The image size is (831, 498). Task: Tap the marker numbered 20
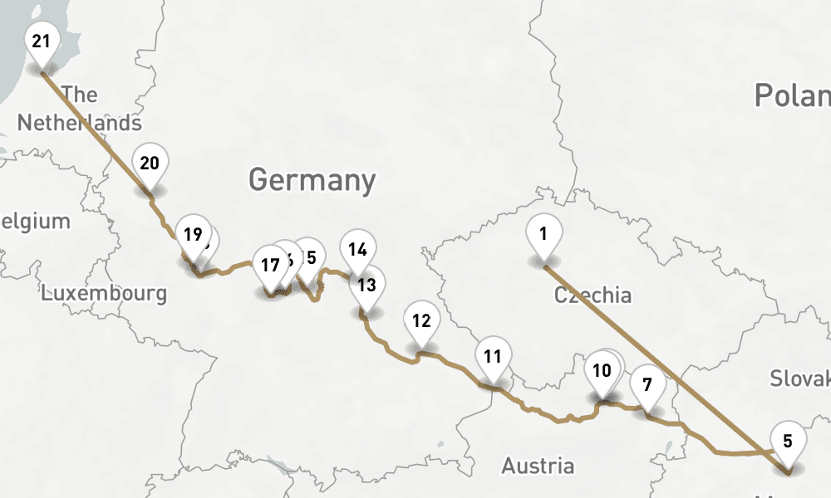click(150, 164)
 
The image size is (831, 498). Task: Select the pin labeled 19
click(193, 235)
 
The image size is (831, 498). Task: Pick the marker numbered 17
click(269, 266)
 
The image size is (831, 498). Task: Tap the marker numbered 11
click(493, 358)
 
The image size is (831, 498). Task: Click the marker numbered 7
click(647, 385)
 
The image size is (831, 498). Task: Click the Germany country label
click(312, 180)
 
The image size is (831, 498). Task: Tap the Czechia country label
click(593, 295)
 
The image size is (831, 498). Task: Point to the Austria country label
click(538, 466)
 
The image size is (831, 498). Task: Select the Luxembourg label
click(104, 293)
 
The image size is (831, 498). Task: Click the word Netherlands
click(79, 123)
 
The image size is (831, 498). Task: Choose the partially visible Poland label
click(791, 95)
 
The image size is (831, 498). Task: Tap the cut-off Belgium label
click(35, 222)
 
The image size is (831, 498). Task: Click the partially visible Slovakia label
click(799, 378)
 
